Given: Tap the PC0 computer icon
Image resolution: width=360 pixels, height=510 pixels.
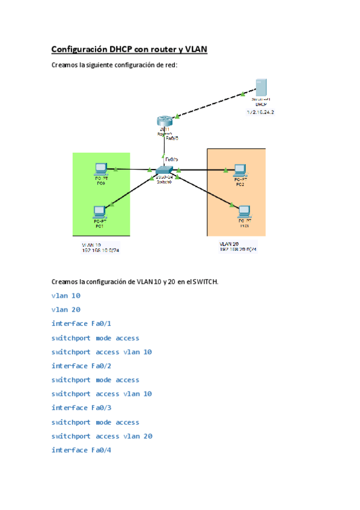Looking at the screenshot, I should pyautogui.click(x=101, y=169).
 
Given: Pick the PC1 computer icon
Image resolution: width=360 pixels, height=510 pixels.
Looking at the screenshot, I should pyautogui.click(x=100, y=212).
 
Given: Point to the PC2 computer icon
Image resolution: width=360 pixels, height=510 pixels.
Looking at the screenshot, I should pyautogui.click(x=240, y=170).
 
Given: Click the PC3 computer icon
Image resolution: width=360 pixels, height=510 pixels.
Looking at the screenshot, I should pyautogui.click(x=244, y=212).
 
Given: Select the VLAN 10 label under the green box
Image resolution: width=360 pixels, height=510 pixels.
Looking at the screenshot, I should pyautogui.click(x=91, y=245).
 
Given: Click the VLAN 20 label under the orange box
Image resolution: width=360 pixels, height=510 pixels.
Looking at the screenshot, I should pyautogui.click(x=230, y=244).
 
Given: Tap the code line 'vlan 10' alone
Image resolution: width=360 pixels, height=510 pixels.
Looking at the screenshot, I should pyautogui.click(x=66, y=296).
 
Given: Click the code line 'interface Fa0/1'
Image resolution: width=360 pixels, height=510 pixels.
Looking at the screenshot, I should pyautogui.click(x=82, y=324).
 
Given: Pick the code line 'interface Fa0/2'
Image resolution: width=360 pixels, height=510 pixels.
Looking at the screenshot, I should pyautogui.click(x=82, y=366).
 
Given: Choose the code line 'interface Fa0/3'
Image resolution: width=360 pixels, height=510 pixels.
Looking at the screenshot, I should pyautogui.click(x=82, y=408).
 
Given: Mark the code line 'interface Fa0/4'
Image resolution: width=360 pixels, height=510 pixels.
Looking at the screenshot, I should pyautogui.click(x=82, y=450).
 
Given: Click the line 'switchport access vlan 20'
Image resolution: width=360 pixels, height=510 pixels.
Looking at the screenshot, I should pyautogui.click(x=102, y=436).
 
